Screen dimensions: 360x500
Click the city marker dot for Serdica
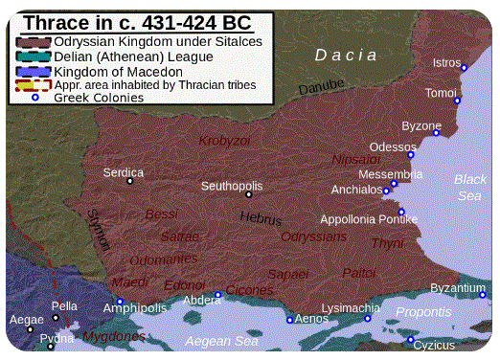click(129, 181)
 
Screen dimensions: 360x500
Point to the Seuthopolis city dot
click(248, 194)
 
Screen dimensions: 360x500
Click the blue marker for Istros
click(464, 68)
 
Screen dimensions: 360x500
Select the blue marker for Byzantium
click(483, 295)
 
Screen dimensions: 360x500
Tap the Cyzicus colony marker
click(410, 340)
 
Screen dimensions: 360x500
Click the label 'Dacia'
click(347, 55)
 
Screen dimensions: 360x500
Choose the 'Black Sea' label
click(469, 188)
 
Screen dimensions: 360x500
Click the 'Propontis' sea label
click(424, 312)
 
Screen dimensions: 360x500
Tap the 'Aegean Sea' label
click(221, 341)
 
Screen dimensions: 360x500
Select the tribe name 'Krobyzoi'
click(223, 141)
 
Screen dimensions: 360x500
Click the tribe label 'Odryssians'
click(313, 236)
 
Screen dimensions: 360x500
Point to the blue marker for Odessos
click(411, 154)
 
